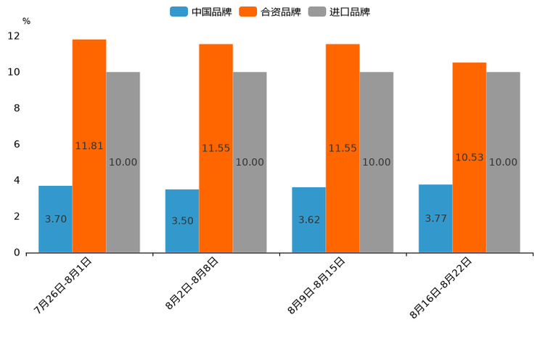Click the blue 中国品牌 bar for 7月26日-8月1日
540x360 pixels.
55,218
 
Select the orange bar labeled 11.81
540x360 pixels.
89,145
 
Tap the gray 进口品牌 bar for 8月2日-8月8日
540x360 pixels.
250,162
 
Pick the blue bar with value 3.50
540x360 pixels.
182,221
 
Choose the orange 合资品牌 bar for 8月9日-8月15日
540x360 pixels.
343,148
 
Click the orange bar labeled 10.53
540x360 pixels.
470,157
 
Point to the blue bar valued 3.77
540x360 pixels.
435,218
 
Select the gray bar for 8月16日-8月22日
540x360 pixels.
503,162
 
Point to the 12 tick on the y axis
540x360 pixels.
14,36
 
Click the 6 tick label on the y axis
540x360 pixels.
17,144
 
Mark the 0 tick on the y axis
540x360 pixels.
17,253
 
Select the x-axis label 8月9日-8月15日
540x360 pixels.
316,285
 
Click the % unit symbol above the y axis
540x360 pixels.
26,21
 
